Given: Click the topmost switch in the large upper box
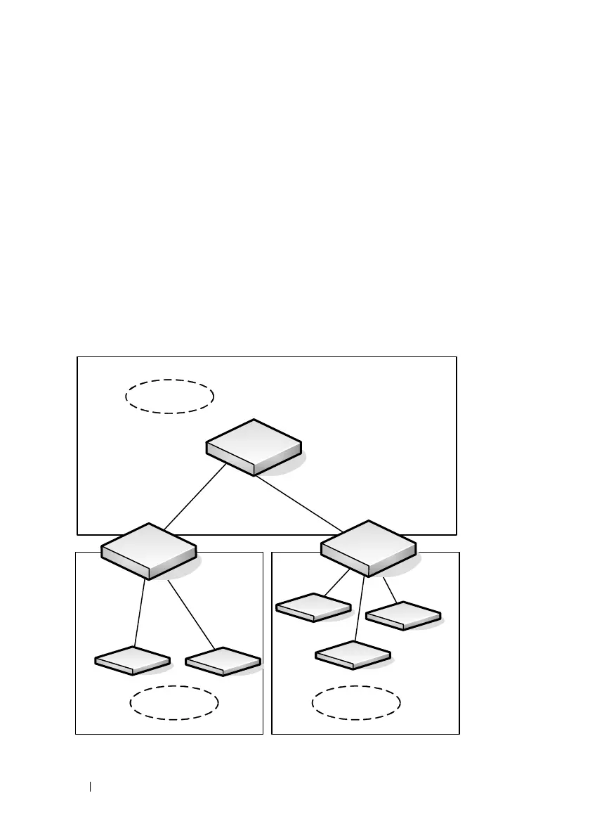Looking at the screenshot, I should (x=254, y=447).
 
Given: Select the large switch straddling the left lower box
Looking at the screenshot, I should (x=148, y=550).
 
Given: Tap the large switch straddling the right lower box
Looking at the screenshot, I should (x=368, y=548).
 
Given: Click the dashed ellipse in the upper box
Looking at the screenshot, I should (x=169, y=396).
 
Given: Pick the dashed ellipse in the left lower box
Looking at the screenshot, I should (x=174, y=703).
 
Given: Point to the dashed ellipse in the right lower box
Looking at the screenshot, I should (x=356, y=703).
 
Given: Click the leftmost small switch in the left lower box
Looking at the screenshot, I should (x=133, y=661).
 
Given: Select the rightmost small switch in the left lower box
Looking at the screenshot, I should (x=223, y=662).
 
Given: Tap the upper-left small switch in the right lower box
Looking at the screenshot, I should (x=313, y=607).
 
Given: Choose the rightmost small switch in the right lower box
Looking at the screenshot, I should (x=404, y=616).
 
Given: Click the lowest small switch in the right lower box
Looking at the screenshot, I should (x=353, y=655).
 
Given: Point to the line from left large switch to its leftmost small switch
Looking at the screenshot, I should (x=140, y=612).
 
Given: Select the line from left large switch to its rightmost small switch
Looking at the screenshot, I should (x=190, y=614).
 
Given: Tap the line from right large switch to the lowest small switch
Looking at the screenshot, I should (x=360, y=609).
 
